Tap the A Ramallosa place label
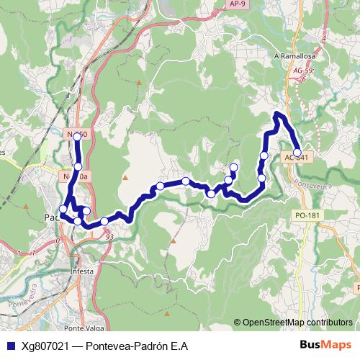click(291, 55)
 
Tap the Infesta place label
click(84, 271)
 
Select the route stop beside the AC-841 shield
click(297, 152)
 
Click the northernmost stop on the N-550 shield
click(77, 135)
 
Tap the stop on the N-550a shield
click(78, 166)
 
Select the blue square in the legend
click(10, 346)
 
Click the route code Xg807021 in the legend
click(45, 346)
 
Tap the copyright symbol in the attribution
click(238, 323)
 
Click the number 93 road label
click(109, 236)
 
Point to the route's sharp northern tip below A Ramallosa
click(279, 114)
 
